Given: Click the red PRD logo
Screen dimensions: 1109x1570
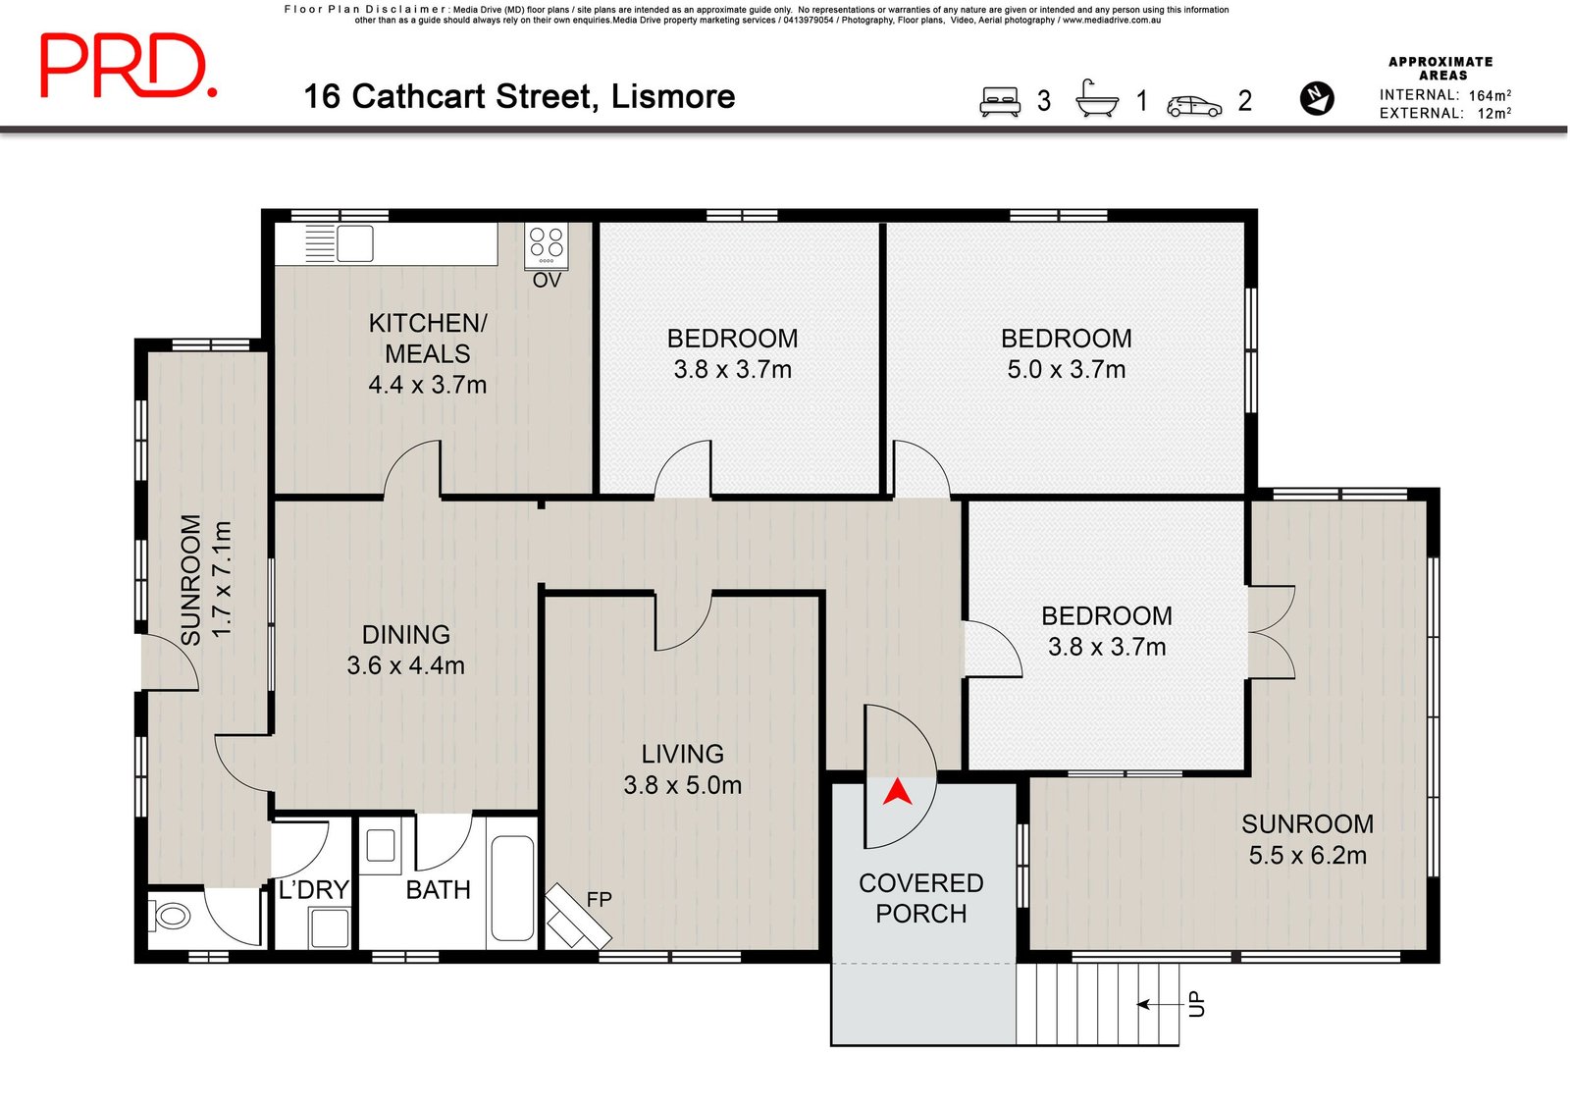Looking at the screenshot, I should (128, 66).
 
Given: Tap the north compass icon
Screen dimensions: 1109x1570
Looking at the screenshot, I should (1316, 98).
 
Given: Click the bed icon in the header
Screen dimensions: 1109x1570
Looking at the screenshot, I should (1000, 101).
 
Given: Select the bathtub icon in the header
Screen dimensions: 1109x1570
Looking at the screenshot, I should (1097, 99).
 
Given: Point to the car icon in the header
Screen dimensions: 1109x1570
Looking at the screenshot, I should (1194, 106).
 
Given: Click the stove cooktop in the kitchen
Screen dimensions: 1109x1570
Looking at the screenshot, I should (547, 244).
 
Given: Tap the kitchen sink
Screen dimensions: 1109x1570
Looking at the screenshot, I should (354, 243).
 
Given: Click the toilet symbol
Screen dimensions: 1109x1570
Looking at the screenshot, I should (172, 917).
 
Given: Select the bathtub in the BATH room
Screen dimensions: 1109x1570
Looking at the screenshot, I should (511, 887).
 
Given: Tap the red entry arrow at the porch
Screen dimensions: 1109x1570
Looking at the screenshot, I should (897, 792).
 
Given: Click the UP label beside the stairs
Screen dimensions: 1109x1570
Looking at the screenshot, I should (1196, 1004).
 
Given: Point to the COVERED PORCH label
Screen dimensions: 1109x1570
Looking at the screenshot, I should (920, 898).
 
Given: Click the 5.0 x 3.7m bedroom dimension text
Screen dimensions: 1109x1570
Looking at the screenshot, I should (1066, 370).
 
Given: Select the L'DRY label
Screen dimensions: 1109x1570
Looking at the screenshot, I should (313, 890).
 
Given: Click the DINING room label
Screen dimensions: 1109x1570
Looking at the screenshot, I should (405, 635).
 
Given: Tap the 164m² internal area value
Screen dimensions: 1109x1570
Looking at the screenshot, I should (1489, 95).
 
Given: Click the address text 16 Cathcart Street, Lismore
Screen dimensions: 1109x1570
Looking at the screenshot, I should (519, 96).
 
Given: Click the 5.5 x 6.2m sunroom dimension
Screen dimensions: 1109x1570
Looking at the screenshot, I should (1307, 856).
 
